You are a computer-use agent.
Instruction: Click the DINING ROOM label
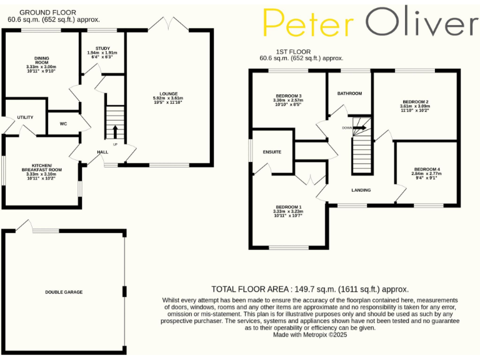click(41, 62)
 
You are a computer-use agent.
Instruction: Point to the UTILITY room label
click(25, 117)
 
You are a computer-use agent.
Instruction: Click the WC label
click(63, 124)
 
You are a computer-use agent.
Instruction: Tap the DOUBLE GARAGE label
click(64, 292)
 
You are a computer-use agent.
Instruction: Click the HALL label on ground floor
click(102, 152)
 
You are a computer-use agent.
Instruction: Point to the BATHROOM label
click(349, 94)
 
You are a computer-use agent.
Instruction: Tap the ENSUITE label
click(272, 152)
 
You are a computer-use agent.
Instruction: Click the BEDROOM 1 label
click(287, 207)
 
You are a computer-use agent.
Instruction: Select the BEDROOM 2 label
click(415, 101)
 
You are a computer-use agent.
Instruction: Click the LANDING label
click(361, 190)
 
